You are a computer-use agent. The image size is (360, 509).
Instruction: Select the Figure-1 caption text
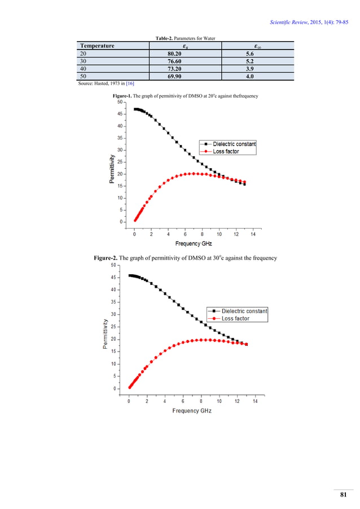coord(186,96)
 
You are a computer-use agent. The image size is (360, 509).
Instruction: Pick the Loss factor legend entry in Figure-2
coord(235,318)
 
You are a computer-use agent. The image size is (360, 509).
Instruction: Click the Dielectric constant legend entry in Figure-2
coord(244,311)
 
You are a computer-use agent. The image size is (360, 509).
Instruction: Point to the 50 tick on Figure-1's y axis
coord(120,102)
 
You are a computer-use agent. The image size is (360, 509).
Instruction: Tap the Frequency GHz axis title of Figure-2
coord(192,410)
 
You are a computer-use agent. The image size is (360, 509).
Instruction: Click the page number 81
coord(342,495)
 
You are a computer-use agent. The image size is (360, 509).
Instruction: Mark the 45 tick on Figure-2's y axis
coord(115,277)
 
